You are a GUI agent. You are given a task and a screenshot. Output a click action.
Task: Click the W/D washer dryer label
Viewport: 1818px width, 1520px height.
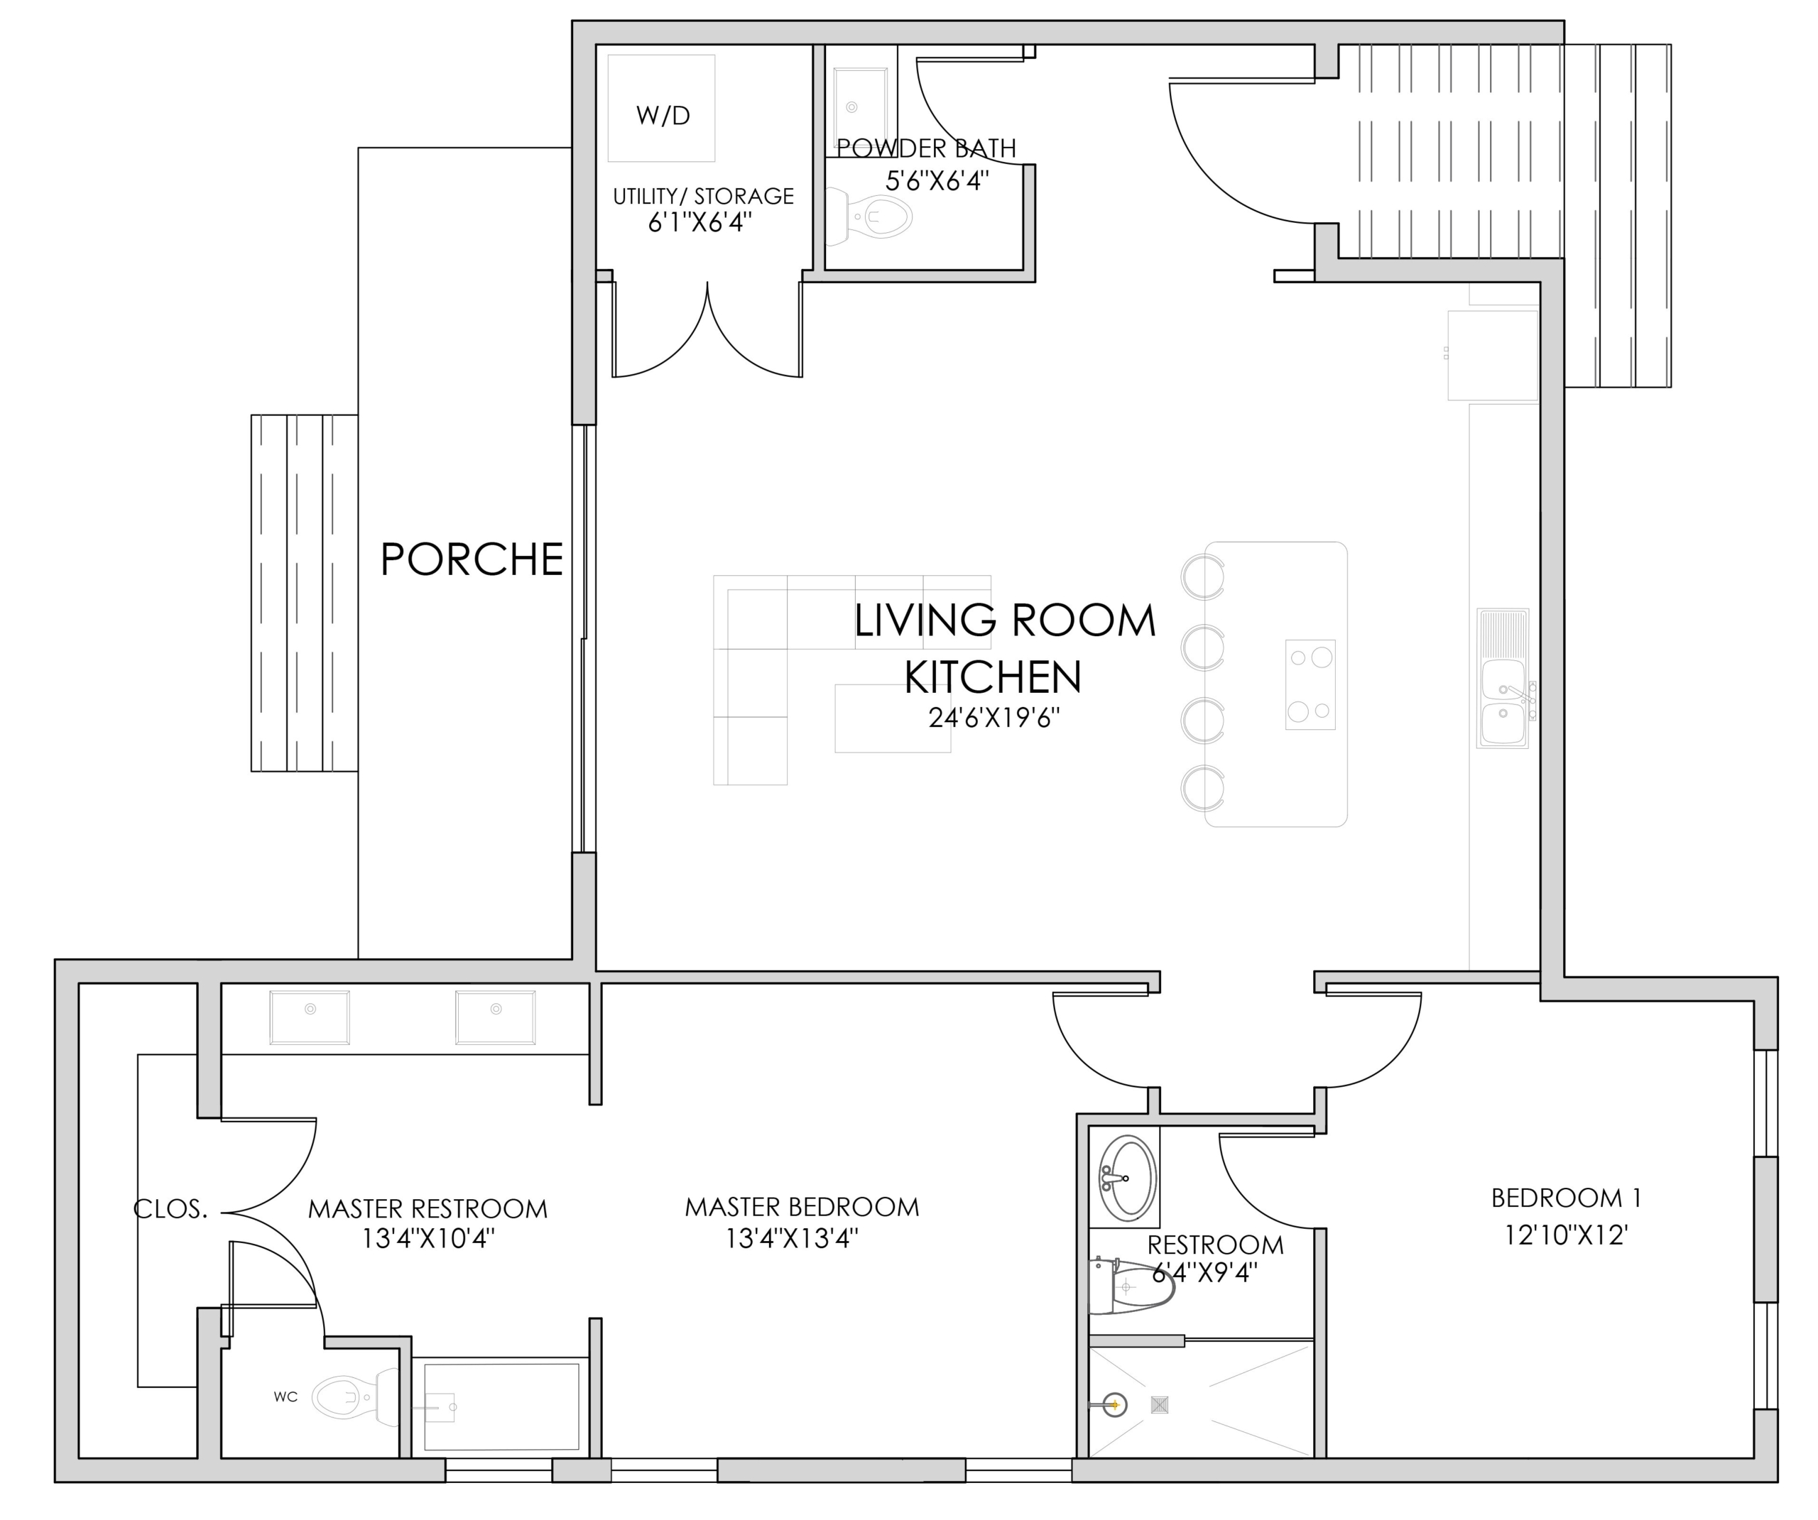click(x=663, y=115)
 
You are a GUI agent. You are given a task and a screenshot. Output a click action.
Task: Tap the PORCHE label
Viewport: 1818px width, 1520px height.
click(x=472, y=559)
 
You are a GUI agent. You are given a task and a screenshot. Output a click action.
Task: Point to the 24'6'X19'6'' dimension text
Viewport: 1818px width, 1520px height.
click(x=994, y=718)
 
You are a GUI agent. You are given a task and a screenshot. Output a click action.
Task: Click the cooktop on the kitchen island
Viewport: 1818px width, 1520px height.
click(x=1310, y=684)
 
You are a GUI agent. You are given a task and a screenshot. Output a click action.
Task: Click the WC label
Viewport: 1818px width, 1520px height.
click(x=285, y=1397)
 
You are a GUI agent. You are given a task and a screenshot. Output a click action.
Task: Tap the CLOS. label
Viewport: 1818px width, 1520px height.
click(x=170, y=1209)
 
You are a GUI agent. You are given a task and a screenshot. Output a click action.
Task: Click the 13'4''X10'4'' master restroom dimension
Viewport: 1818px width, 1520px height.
click(x=428, y=1240)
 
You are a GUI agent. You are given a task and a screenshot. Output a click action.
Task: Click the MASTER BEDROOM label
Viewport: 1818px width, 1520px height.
click(x=802, y=1208)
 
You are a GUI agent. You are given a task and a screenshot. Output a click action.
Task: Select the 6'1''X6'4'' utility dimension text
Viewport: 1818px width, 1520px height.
click(x=700, y=224)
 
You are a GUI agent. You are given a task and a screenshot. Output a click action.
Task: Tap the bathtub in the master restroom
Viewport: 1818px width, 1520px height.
click(x=501, y=1406)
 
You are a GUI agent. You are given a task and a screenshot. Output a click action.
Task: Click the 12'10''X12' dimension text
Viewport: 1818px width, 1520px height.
click(x=1566, y=1235)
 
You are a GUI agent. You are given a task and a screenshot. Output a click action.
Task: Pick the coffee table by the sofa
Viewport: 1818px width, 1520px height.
click(x=893, y=718)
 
